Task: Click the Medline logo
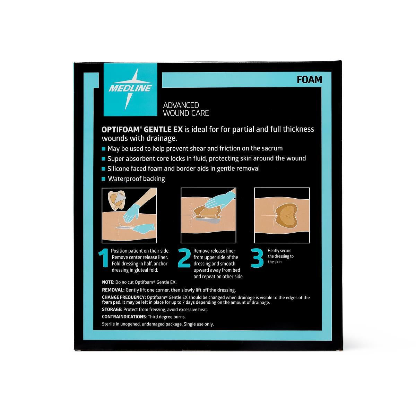pos(130,89)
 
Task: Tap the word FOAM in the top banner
pos(309,80)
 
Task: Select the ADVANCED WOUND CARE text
pos(186,109)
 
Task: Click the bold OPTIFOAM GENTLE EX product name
pos(142,129)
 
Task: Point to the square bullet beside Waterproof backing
pos(104,179)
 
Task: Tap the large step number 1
pos(103,258)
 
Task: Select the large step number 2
pos(184,258)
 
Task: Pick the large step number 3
pos(257,258)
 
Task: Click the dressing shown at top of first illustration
pos(117,201)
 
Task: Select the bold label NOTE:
pos(108,282)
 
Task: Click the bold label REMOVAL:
pos(113,290)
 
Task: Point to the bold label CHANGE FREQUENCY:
pos(124,297)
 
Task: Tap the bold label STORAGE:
pos(112,310)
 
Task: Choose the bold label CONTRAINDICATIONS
pos(124,317)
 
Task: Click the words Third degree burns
pos(167,317)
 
